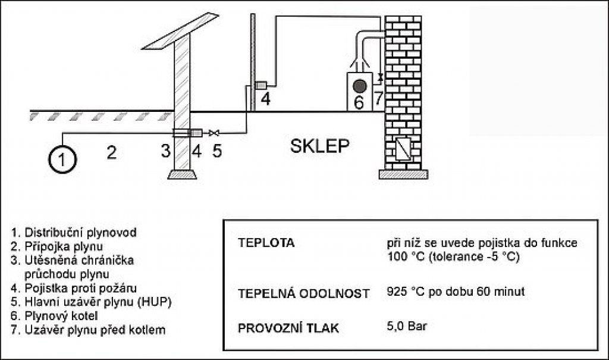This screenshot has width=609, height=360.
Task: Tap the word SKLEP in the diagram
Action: [x=319, y=146]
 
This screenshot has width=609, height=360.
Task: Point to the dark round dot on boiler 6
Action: [x=360, y=86]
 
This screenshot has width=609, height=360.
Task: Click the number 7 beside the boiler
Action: [x=379, y=98]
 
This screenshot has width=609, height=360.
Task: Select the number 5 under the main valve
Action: [x=216, y=151]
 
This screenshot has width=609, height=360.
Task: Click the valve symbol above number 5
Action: [x=214, y=133]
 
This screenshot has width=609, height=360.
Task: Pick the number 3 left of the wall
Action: [x=166, y=151]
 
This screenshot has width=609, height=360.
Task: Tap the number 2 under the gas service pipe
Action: [x=111, y=152]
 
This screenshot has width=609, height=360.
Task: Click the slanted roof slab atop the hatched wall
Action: [x=180, y=31]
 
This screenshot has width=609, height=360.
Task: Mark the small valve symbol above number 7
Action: [x=380, y=77]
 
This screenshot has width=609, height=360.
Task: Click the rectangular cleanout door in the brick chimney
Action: [x=403, y=149]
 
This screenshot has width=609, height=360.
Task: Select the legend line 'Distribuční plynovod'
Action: [x=74, y=233]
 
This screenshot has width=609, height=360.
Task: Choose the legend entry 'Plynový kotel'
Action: [x=54, y=316]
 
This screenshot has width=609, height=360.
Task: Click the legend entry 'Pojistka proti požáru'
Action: [x=74, y=288]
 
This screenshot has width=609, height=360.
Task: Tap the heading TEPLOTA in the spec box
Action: [x=266, y=243]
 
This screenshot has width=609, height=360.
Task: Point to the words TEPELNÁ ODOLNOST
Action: [x=304, y=293]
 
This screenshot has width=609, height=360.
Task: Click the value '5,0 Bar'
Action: [x=407, y=325]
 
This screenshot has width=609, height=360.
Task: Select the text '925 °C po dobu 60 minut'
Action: [x=456, y=291]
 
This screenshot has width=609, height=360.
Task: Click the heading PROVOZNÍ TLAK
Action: [x=288, y=328]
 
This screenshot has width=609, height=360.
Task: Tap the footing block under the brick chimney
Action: [x=403, y=174]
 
